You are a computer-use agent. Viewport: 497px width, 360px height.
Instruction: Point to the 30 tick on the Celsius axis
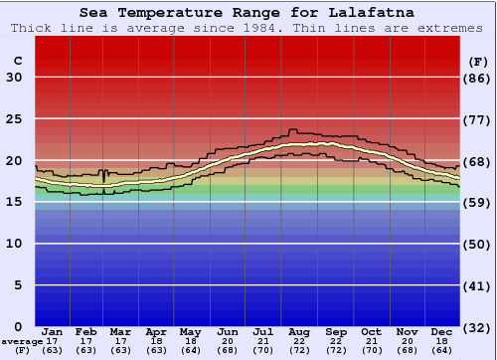coord(14,78)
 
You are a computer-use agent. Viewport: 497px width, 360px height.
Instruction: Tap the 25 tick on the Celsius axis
coord(14,119)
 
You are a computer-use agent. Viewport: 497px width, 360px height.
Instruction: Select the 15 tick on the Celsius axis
coord(14,202)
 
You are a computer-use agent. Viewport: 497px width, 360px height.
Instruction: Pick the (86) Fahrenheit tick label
coord(479,78)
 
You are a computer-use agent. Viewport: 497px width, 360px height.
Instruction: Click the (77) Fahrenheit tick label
coord(479,119)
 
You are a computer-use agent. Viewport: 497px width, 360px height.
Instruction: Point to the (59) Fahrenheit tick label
coord(479,202)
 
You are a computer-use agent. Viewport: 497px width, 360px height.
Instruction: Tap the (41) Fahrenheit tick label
coord(479,285)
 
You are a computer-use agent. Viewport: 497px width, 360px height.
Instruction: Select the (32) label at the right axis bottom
coord(479,327)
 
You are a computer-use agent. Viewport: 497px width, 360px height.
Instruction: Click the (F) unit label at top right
coord(479,61)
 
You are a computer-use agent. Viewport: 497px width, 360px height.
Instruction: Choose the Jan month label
coord(53,331)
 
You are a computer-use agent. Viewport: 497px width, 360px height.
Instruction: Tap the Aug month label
coord(299,331)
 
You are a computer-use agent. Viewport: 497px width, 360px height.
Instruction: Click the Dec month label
coord(442,331)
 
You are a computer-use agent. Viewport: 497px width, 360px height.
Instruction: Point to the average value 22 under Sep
coord(335,341)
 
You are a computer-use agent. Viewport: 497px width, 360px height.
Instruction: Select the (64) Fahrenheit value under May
coord(191,350)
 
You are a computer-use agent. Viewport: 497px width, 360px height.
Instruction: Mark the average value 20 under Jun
coord(228,341)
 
